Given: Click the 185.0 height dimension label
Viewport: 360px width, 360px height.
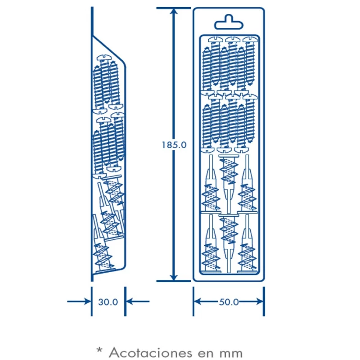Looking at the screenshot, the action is [x=174, y=145].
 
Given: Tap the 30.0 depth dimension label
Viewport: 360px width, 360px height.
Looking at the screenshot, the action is [x=108, y=302].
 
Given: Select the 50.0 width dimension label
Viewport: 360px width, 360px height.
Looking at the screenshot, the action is [x=229, y=302].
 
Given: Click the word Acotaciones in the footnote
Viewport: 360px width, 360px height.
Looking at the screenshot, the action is [x=150, y=352].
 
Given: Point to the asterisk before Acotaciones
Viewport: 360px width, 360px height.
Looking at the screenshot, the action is [x=99, y=350].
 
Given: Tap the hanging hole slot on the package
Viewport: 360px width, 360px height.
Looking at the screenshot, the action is [x=229, y=22].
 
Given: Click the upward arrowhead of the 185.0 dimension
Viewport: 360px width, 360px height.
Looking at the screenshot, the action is [x=174, y=13].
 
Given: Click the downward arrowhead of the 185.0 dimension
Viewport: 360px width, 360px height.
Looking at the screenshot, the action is [x=174, y=276].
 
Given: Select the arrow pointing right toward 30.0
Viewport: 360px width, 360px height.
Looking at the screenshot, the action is [x=79, y=301].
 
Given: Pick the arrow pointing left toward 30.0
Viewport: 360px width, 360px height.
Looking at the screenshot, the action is [x=138, y=301].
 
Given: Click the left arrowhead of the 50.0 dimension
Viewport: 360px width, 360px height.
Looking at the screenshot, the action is [x=198, y=301].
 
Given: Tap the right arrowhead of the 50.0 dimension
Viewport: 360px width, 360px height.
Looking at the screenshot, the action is [x=260, y=301].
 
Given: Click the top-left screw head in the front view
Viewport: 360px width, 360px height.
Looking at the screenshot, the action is [x=216, y=40].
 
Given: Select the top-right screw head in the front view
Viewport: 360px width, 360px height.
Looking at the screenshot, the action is [x=250, y=40].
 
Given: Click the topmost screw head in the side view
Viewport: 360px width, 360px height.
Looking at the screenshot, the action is [x=103, y=58].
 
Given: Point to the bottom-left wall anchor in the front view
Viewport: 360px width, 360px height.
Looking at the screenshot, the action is [x=211, y=244].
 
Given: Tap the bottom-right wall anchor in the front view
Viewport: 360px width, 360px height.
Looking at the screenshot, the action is [x=247, y=244].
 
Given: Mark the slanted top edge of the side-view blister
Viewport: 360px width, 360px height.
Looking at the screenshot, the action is [x=108, y=49].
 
